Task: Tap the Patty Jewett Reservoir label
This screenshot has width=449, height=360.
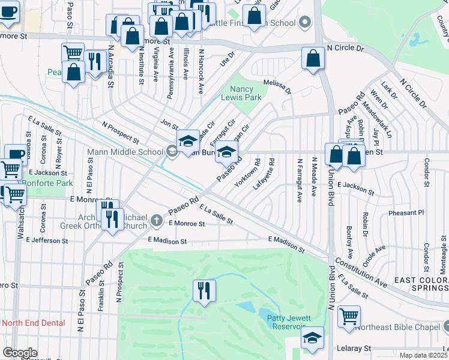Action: tap(282, 321)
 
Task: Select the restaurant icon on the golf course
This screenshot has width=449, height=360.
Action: tap(203, 291)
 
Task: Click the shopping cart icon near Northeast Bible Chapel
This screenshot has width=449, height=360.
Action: tap(349, 316)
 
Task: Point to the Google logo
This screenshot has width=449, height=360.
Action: tap(20, 353)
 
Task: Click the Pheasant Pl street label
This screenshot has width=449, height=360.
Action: tap(406, 212)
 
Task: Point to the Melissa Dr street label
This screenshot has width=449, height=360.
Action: tap(277, 88)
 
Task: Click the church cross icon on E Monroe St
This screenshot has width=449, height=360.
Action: tap(156, 220)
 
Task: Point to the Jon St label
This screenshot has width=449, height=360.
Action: tap(169, 124)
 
